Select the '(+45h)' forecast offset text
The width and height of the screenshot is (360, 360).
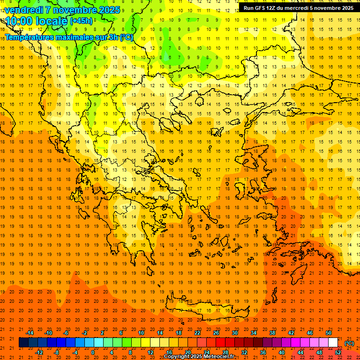[x=81, y=21]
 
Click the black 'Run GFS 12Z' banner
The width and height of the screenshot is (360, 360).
[x=299, y=7]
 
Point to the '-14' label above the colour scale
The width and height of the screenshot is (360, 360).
[x=29, y=333]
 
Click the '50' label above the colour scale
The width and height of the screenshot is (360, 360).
[x=329, y=333]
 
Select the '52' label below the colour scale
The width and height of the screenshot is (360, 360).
[x=338, y=352]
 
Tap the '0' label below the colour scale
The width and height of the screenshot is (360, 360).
[x=93, y=352]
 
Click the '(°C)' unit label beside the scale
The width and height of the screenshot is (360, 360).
[x=349, y=343]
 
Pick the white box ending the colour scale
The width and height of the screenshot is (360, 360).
[x=333, y=343]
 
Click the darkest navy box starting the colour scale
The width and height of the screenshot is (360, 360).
[x=23, y=343]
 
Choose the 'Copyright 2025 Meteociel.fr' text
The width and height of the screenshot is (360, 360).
[x=199, y=357]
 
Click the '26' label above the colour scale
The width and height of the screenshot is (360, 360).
[x=216, y=333]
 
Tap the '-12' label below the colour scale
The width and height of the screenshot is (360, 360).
[x=39, y=352]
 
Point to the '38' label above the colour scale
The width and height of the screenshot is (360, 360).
[x=272, y=333]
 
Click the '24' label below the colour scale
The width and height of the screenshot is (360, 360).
[x=207, y=352]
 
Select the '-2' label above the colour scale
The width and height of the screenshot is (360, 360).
[x=85, y=333]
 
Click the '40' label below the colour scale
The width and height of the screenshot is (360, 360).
[x=282, y=352]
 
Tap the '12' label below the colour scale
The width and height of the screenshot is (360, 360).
[x=150, y=352]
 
